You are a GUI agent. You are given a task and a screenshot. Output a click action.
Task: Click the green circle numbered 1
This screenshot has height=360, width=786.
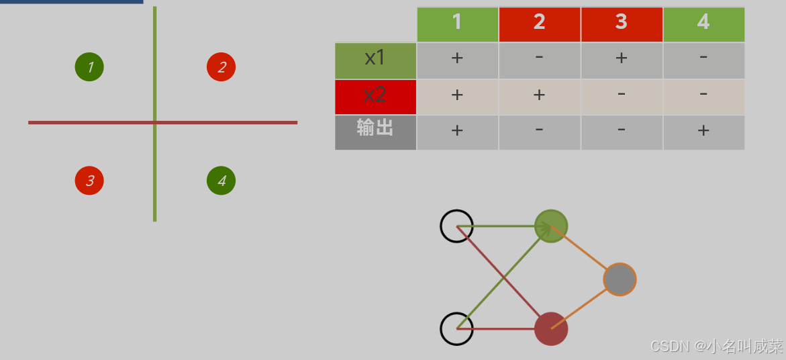pyautogui.click(x=89, y=67)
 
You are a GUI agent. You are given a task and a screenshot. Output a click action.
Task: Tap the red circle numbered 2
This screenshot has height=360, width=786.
pyautogui.click(x=221, y=67)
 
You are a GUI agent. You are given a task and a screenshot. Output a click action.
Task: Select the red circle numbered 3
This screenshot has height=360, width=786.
pyautogui.click(x=89, y=181)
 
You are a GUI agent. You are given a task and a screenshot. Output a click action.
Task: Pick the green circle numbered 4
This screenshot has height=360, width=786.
pyautogui.click(x=221, y=181)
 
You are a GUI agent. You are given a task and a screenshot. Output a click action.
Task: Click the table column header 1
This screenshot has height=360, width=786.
pyautogui.click(x=457, y=24)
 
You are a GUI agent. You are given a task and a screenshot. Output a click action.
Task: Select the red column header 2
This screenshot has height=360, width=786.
pyautogui.click(x=539, y=24)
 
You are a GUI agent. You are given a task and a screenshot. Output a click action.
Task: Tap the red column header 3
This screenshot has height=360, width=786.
pyautogui.click(x=622, y=24)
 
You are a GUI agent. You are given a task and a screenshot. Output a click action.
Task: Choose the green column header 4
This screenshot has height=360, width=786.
pyautogui.click(x=703, y=24)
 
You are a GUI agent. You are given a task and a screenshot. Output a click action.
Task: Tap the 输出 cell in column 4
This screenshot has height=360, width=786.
pyautogui.click(x=703, y=132)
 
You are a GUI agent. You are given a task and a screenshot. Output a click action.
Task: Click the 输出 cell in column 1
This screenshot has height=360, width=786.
pyautogui.click(x=457, y=132)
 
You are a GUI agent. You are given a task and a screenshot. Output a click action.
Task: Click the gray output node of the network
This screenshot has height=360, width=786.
pyautogui.click(x=620, y=279)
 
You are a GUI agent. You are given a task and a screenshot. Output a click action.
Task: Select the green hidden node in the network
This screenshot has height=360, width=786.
pyautogui.click(x=551, y=226)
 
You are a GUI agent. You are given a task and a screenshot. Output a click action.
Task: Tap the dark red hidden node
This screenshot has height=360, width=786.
pyautogui.click(x=551, y=329)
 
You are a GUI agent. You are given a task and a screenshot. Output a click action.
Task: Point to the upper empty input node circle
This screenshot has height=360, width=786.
pyautogui.click(x=456, y=226)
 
